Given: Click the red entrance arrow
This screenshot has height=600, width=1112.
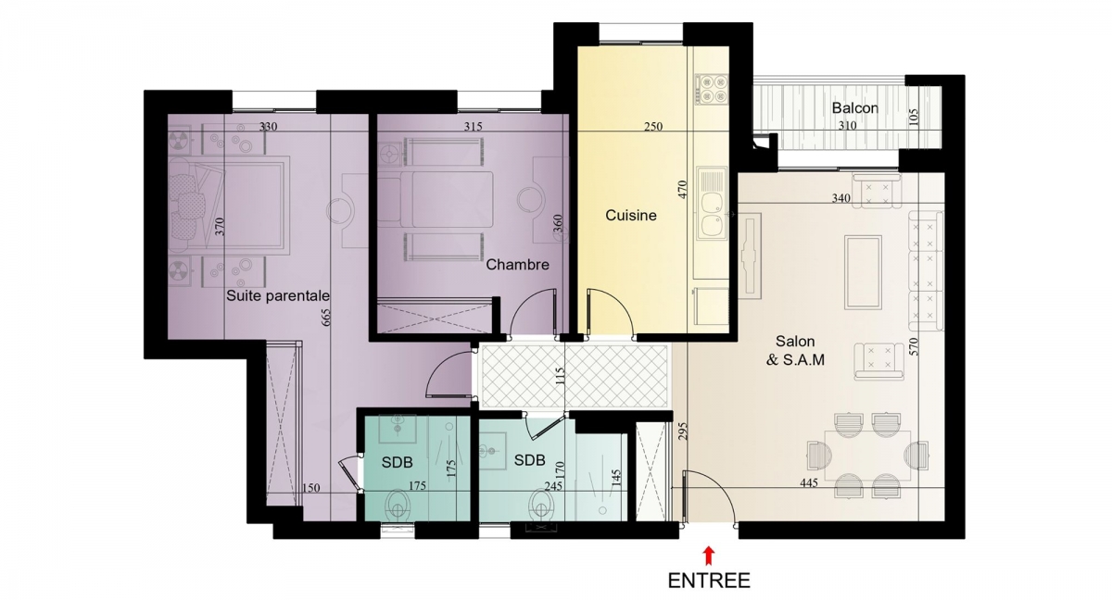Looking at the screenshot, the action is coord(710,556).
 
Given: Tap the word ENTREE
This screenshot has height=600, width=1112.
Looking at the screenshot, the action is coord(709,581).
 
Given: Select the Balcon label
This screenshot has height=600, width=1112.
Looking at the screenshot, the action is coord(854,108).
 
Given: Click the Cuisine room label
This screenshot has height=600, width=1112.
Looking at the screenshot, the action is coord(631,215).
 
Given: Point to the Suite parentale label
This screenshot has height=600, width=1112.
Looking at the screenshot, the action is coord(278,296).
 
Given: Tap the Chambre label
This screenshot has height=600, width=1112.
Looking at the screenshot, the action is coord(517,265).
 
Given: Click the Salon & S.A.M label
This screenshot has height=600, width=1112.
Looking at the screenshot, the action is coord(795,351).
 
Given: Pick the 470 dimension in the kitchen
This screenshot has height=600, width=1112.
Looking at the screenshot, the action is coord(682,190).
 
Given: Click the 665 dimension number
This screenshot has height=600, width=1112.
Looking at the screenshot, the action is coord(326,318).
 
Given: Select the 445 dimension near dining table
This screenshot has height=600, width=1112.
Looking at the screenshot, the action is coord(809,482).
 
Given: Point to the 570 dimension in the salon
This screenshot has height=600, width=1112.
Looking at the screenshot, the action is coord(915,346).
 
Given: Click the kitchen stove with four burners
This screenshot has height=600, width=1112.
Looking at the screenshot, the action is coord(712,89).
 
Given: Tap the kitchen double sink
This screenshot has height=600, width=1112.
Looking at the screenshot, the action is coord(711,203).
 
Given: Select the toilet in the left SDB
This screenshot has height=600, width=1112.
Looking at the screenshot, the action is coord(398,506).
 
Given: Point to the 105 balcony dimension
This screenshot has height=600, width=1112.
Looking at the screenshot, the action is coord(914,118).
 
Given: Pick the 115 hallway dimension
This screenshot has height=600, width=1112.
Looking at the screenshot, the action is coord(560,376).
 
